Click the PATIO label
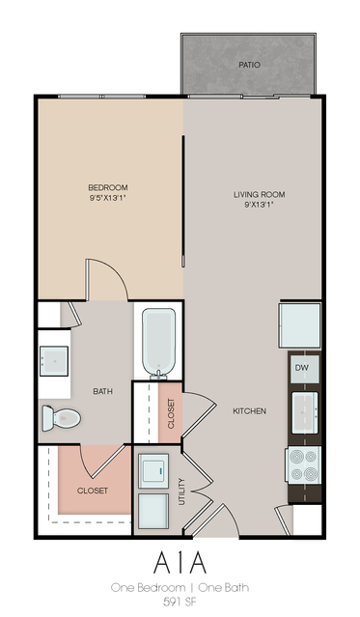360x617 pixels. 249,65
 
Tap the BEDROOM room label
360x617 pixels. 108,187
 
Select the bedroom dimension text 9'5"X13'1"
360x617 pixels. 108,198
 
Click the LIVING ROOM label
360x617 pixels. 260,194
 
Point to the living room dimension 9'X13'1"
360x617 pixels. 260,205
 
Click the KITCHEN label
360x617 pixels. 249,411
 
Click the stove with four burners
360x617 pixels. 303,465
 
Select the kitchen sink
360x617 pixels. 305,412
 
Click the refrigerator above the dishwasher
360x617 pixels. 300,325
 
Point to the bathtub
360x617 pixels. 158,344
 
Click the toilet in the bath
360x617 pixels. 62,418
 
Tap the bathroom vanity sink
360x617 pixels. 54,361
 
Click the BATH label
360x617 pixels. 102,391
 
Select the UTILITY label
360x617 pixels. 181,491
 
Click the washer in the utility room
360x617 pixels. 153,470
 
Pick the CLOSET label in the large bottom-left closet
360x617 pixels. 93,491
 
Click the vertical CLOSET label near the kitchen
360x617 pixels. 171,413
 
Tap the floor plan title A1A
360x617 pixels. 180,563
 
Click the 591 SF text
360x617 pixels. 180,602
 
